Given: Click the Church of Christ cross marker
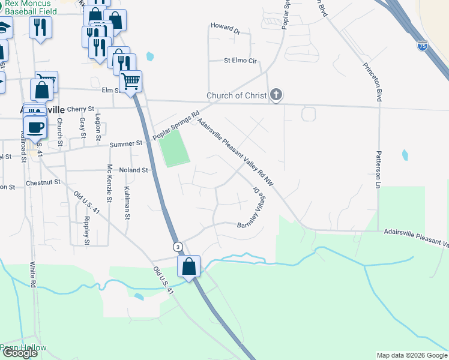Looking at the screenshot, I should (276, 95).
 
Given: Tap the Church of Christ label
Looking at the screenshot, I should (236, 95).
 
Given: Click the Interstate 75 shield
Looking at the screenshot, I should (424, 46).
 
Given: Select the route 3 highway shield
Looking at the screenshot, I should (178, 247).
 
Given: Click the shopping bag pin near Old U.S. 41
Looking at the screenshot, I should (189, 268).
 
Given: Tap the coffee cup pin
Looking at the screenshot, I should (35, 127).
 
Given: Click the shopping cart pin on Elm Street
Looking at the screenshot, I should (130, 81).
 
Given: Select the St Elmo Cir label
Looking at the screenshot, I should (240, 61).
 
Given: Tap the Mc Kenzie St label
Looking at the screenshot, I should (109, 184).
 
